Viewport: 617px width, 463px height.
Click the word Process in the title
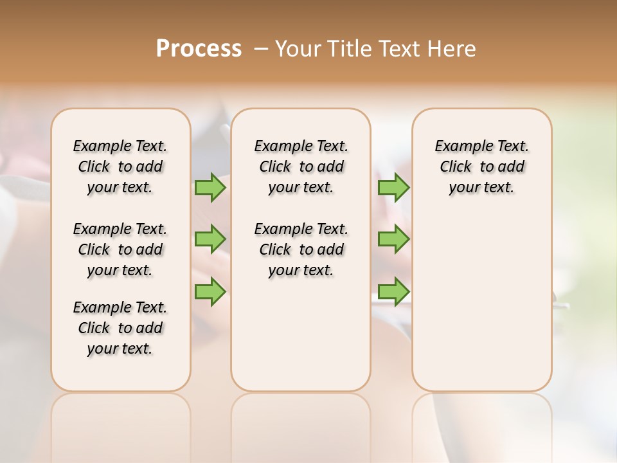[x=199, y=48]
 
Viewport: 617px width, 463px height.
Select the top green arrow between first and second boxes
[x=210, y=187]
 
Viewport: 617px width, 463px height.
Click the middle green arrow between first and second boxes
[x=210, y=239]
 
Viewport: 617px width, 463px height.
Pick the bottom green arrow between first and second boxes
[x=210, y=292]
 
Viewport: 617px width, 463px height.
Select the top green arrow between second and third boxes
[x=393, y=187]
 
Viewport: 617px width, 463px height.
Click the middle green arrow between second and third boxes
[x=393, y=239]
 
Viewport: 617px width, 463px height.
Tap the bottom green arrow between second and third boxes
[x=393, y=292]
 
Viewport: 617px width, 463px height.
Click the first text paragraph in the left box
[x=120, y=167]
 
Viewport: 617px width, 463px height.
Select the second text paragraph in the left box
[x=120, y=250]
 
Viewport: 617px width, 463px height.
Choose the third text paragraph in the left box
[x=120, y=328]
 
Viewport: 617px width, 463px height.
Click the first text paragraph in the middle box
[x=301, y=167]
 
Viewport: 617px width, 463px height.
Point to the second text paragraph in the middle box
[x=301, y=250]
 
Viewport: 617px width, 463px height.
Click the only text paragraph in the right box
[x=482, y=167]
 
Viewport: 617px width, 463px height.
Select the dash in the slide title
[x=261, y=48]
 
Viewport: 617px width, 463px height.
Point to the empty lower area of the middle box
[x=301, y=334]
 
